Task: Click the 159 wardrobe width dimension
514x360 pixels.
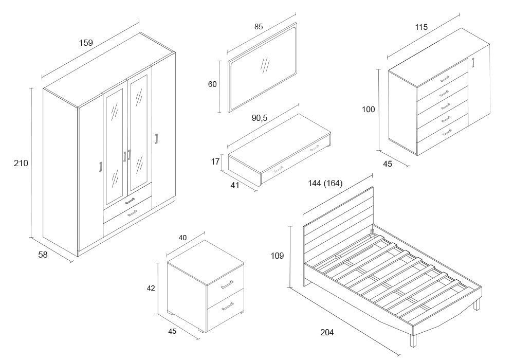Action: click(86, 43)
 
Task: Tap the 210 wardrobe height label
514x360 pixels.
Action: click(21, 163)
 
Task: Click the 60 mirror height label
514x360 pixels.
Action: click(212, 84)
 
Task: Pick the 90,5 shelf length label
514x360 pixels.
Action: click(260, 118)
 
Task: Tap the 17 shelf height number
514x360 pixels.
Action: click(215, 161)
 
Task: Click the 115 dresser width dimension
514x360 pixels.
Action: click(421, 27)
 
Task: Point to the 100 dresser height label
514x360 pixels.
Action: click(368, 109)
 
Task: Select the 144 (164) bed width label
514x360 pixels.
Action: click(325, 183)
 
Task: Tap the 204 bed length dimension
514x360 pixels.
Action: click(327, 332)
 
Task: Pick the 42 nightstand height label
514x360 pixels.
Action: click(151, 289)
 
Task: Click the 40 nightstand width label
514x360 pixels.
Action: click(182, 238)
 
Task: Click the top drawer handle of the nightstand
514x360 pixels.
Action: click(227, 284)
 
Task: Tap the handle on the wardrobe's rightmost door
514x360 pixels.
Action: click(156, 139)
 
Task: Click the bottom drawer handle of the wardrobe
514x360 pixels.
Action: click(132, 212)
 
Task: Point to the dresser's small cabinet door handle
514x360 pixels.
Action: click(473, 63)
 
